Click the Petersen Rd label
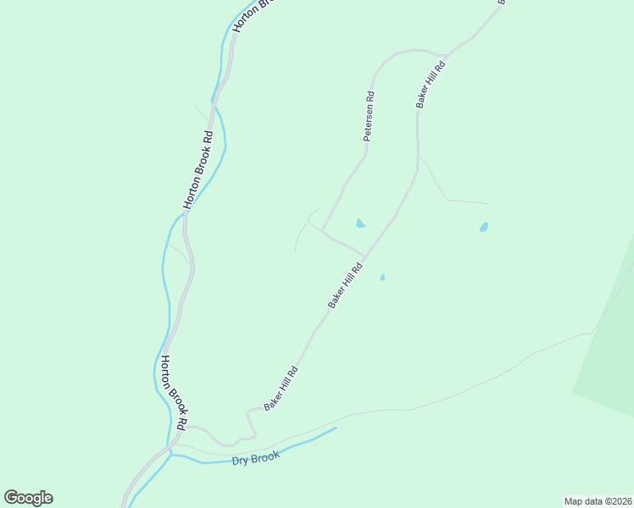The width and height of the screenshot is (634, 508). click(370, 116)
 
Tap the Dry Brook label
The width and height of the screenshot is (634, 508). click(255, 458)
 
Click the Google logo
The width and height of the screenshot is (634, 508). click(28, 498)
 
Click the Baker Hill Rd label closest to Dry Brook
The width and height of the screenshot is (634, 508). click(281, 389)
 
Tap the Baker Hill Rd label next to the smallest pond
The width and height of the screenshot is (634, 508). click(345, 285)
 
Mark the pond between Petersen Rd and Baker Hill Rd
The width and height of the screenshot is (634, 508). click(360, 224)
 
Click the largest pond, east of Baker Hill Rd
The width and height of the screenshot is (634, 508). click(483, 227)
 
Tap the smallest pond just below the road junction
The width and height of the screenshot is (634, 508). click(382, 277)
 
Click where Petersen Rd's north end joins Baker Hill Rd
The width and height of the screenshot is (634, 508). click(444, 55)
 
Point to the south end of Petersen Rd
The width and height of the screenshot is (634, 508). click(322, 229)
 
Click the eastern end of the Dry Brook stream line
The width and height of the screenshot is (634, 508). click(336, 428)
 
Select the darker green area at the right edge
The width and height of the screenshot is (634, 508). click(610, 356)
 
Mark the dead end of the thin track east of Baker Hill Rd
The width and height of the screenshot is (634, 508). click(487, 203)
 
